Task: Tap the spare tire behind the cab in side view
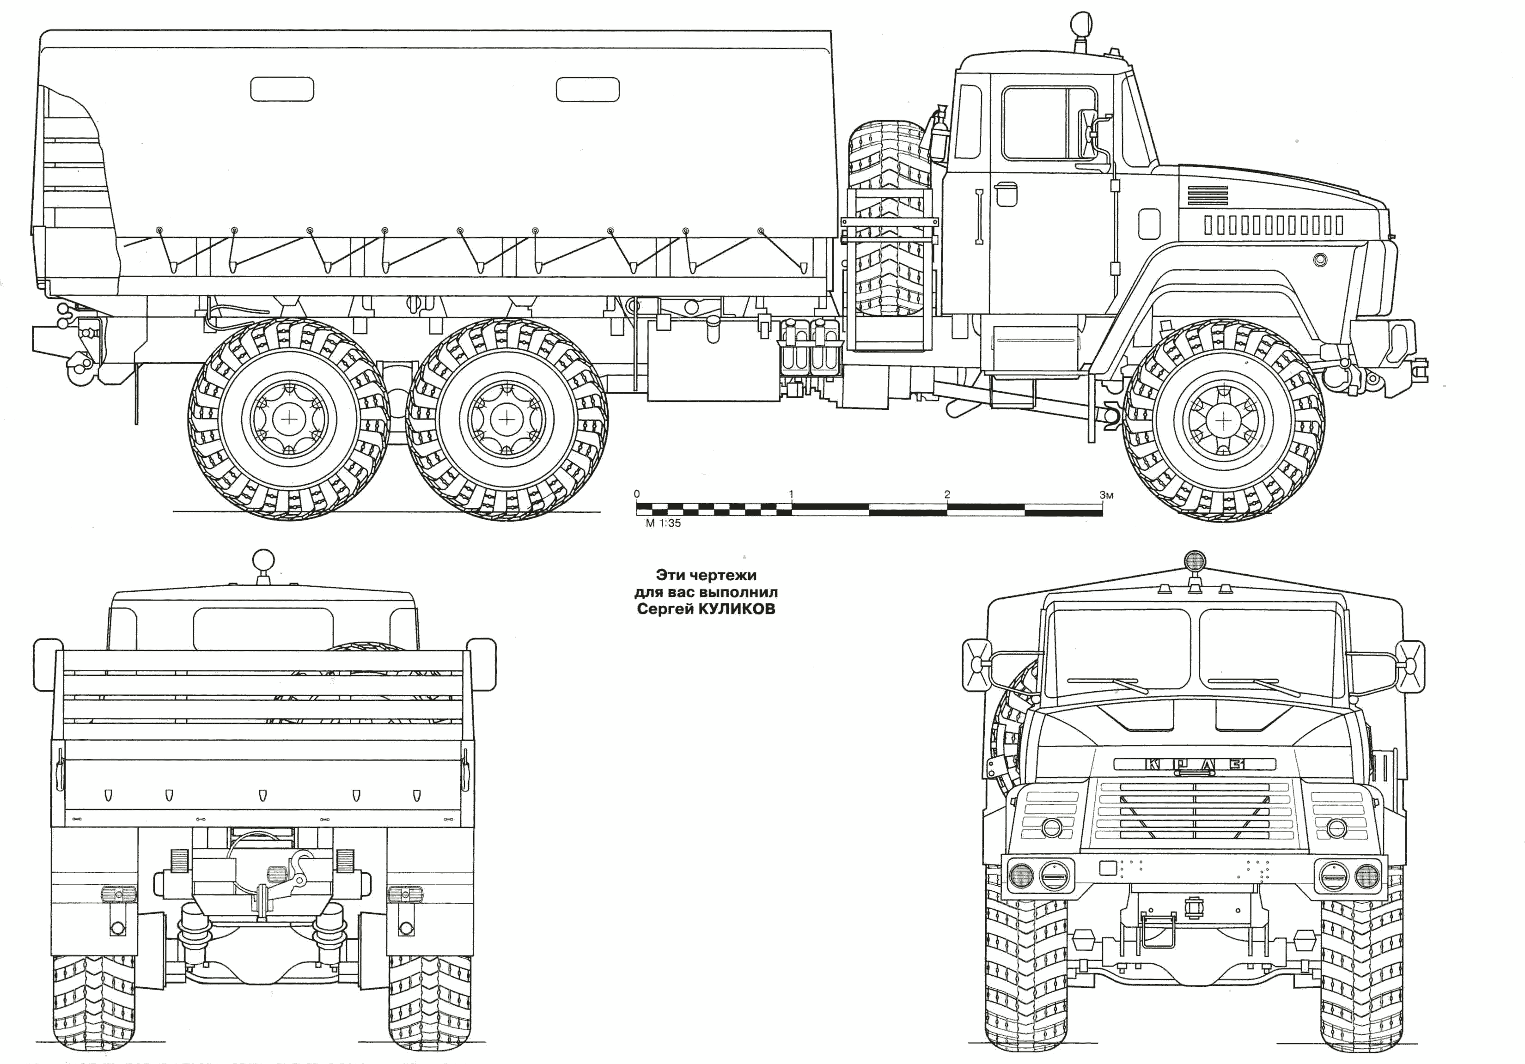pyautogui.click(x=890, y=219)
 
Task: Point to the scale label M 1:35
pyautogui.click(x=663, y=523)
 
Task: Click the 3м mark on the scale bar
pyautogui.click(x=1105, y=494)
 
